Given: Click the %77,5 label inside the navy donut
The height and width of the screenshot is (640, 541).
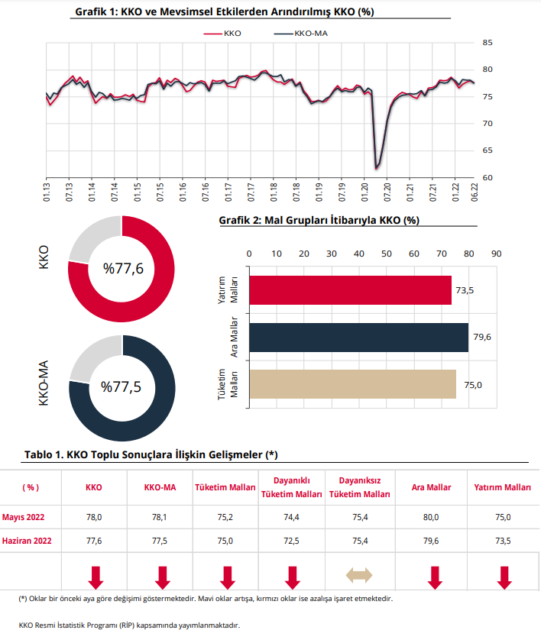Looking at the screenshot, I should [121, 387].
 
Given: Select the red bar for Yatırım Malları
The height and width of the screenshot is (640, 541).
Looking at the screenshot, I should [350, 290].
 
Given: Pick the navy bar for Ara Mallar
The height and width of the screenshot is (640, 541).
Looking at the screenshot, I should [358, 337].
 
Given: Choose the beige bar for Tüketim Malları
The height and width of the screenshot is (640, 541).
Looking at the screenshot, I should [352, 384].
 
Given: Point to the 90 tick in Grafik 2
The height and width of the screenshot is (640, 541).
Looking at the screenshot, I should [496, 254].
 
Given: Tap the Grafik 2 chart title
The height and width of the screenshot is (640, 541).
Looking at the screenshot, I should [319, 220].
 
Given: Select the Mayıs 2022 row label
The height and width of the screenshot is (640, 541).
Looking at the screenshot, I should [24, 517].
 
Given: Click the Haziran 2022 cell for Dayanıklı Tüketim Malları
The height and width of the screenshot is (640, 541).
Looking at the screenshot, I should [291, 540].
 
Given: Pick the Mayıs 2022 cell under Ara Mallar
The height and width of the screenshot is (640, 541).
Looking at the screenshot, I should [431, 517].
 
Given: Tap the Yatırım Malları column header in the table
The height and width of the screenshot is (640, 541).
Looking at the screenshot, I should [504, 487].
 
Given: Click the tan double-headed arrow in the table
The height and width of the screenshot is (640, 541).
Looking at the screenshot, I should [360, 574].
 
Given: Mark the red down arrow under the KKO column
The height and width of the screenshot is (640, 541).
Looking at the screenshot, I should [96, 577].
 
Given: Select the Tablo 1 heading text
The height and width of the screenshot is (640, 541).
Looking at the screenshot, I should [151, 454].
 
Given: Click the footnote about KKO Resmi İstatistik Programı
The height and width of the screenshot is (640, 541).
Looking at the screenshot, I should [130, 625].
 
